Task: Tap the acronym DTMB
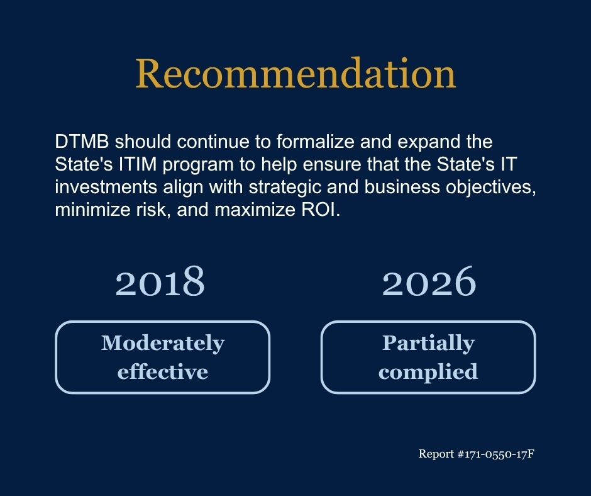pos(82,142)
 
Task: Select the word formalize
pos(315,142)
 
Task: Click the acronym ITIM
pos(138,164)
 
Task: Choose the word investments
pos(106,187)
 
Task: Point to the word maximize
pos(255,210)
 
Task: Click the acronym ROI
pos(321,210)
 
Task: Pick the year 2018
pos(160,281)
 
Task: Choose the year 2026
pos(429,281)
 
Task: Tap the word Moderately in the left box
pos(163,344)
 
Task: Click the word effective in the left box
pos(163,371)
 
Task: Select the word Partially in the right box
pos(428,344)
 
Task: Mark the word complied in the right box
pos(428,372)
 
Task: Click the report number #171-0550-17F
pos(495,454)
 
